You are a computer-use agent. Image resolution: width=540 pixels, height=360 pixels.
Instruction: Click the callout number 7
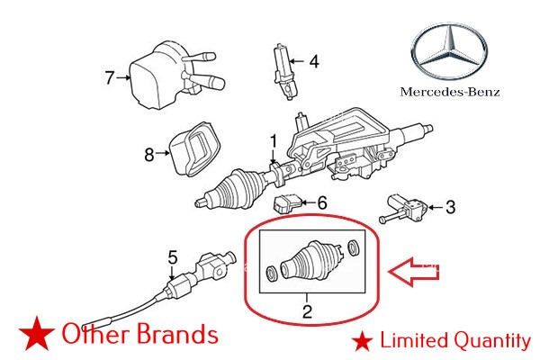point(110,78)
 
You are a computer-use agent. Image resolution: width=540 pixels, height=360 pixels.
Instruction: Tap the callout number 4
point(314,62)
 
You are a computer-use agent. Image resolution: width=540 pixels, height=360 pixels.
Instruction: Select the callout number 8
point(149,154)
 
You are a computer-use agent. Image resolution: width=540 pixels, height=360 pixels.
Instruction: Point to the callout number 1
point(274,140)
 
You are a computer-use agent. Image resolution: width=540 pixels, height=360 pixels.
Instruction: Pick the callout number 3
point(450,207)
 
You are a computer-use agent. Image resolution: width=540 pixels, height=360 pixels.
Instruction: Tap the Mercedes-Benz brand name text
point(451,92)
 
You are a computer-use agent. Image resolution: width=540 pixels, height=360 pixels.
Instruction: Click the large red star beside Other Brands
point(34,335)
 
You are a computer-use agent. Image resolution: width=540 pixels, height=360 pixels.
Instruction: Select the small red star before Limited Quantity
point(363,340)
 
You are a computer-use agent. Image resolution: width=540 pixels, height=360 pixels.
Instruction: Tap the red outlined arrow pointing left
point(417,269)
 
